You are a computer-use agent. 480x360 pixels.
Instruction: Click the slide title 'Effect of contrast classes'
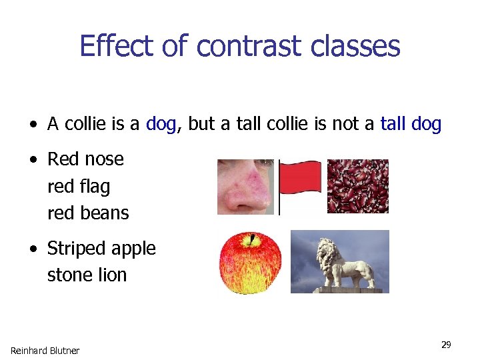240,46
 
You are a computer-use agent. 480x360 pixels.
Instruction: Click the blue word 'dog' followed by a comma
161,124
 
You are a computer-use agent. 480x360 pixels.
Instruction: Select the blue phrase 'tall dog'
410,124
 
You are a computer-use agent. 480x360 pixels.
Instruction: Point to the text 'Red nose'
85,159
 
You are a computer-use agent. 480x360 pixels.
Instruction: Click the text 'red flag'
79,187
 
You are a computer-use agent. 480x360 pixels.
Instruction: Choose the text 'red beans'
88,213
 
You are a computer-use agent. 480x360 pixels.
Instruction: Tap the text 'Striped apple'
101,249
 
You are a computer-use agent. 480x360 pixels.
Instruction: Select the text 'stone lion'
87,275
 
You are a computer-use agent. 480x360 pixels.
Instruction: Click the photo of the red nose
245,187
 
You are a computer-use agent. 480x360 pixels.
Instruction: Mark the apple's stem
252,238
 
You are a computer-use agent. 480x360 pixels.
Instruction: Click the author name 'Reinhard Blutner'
45,351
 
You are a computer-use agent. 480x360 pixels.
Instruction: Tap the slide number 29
446,345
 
